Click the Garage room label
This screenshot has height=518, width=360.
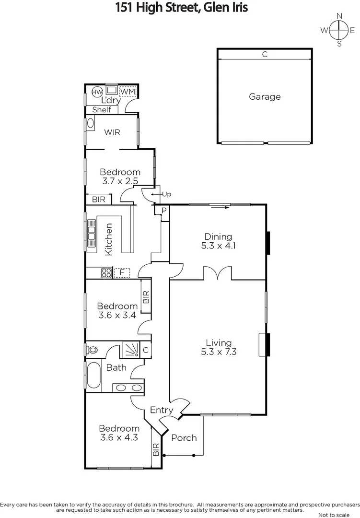coord(265,96)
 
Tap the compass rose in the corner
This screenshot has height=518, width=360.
coord(339,30)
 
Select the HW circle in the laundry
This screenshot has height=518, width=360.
coord(97,92)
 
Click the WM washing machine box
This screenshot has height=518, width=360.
coord(128,91)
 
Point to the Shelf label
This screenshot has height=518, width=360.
coord(102,110)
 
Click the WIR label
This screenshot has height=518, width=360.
coord(112,132)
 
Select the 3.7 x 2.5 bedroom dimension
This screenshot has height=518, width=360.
coord(120,181)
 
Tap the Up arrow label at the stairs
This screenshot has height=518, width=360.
coord(166,194)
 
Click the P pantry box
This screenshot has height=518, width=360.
coord(163,211)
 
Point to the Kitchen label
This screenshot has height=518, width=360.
coord(109,239)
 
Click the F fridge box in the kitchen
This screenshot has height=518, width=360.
coord(122,273)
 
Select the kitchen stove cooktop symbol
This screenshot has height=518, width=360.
coord(106,273)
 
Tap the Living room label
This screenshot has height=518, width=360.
coord(219,343)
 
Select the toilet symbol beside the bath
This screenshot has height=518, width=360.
coord(92,350)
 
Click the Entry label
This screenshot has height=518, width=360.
coord(162,410)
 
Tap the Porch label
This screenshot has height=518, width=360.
coord(184,437)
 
